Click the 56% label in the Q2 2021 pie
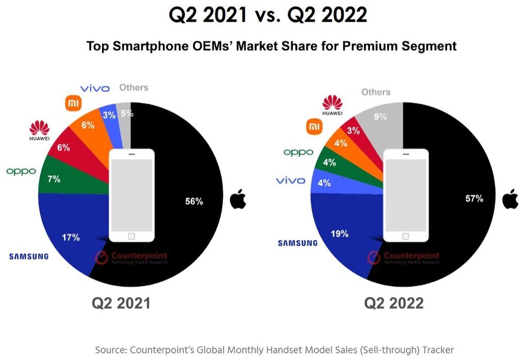pyautogui.click(x=194, y=201)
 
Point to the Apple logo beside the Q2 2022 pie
pyautogui.click(x=510, y=198)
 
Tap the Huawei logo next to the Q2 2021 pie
pyautogui.click(x=40, y=131)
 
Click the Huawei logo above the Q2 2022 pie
pyautogui.click(x=332, y=105)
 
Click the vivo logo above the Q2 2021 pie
pyautogui.click(x=95, y=89)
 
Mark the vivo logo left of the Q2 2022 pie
pyautogui.click(x=290, y=180)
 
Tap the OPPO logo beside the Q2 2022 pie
pyautogui.click(x=298, y=152)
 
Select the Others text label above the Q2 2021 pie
pyautogui.click(x=134, y=88)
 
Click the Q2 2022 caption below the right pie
pyautogui.click(x=394, y=303)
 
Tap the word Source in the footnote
pyautogui.click(x=111, y=350)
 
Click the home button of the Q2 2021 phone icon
pyautogui.click(x=131, y=236)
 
